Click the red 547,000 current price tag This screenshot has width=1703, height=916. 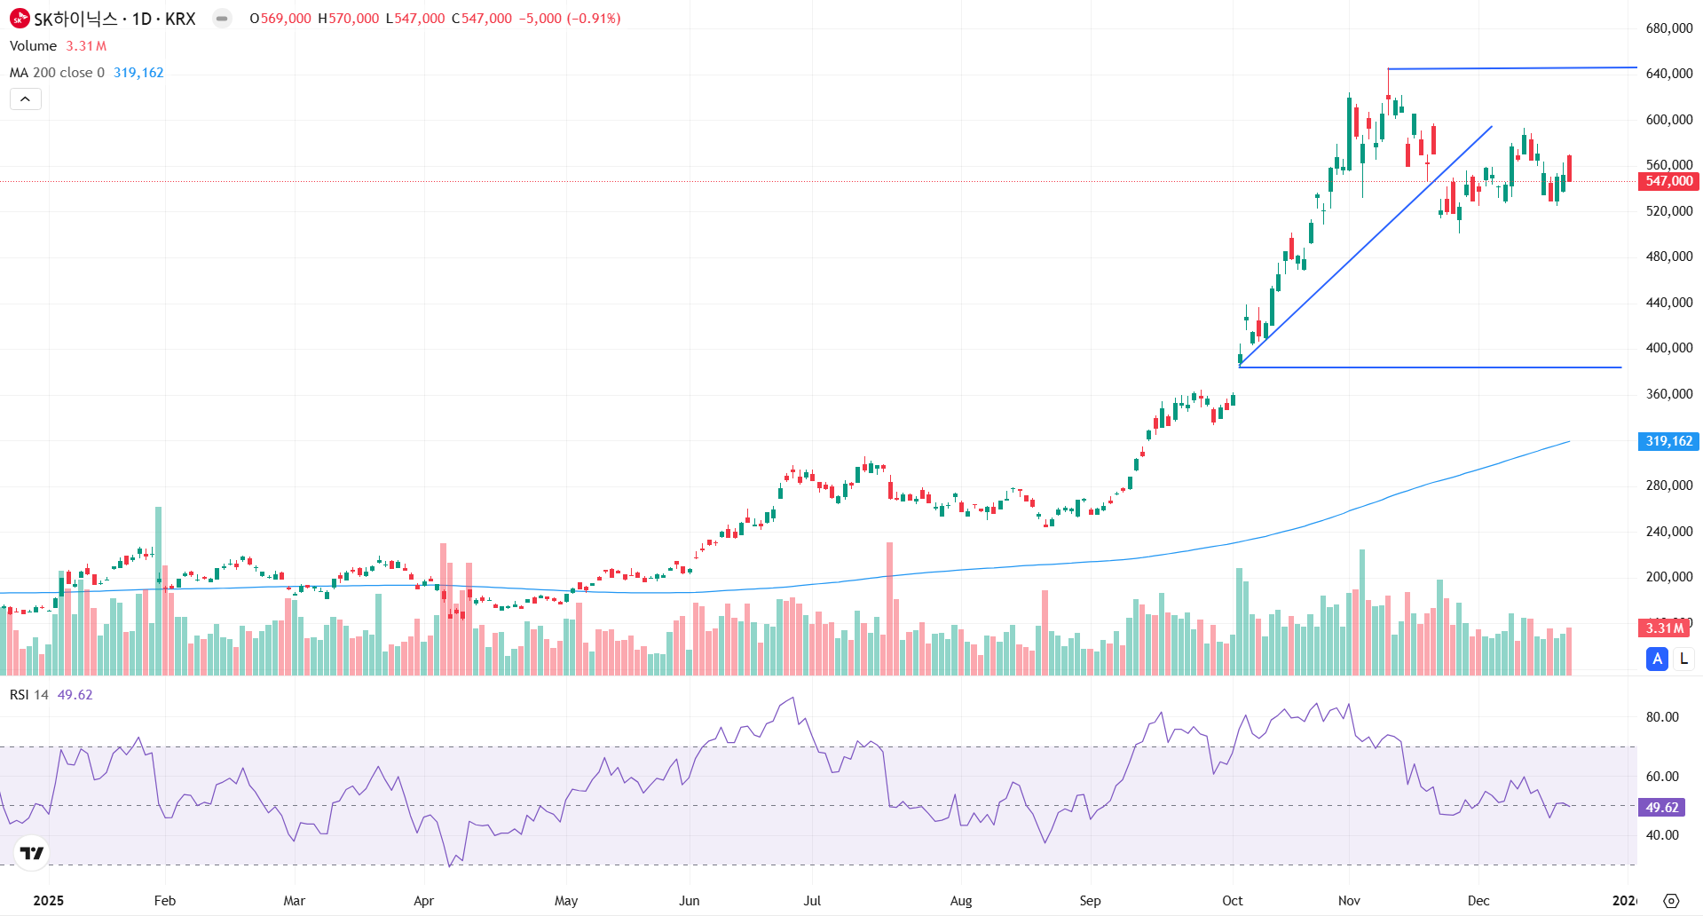[1668, 181]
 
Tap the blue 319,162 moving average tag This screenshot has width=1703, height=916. [1668, 441]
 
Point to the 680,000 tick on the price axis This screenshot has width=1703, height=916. [1668, 28]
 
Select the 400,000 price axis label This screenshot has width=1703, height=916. [1668, 348]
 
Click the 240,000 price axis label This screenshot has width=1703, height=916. [1668, 532]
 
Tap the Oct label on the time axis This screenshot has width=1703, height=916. [1232, 900]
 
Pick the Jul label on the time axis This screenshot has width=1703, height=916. [812, 900]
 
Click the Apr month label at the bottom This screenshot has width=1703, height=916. [423, 900]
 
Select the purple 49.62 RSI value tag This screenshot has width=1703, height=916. [1661, 808]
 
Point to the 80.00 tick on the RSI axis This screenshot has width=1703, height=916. [1661, 717]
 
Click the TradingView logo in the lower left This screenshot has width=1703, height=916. [32, 853]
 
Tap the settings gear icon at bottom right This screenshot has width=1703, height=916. [1671, 900]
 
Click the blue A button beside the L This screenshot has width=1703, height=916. [1657, 659]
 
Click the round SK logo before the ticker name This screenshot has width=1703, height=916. [20, 18]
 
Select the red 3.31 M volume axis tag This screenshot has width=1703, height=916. [1664, 628]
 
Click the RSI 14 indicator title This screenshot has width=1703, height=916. [29, 695]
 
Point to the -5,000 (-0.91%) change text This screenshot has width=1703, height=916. [570, 19]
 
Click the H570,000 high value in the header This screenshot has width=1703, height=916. [348, 19]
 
